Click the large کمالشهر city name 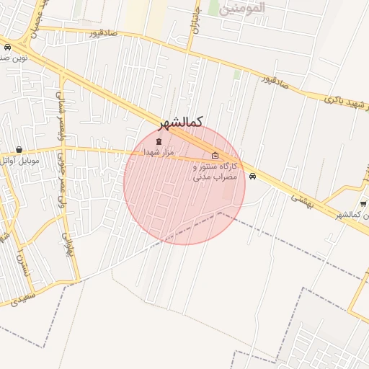180,122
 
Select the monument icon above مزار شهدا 159,141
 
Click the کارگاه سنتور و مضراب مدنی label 215,171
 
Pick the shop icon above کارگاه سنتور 215,156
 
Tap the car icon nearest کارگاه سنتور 252,176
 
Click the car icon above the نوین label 7,47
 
